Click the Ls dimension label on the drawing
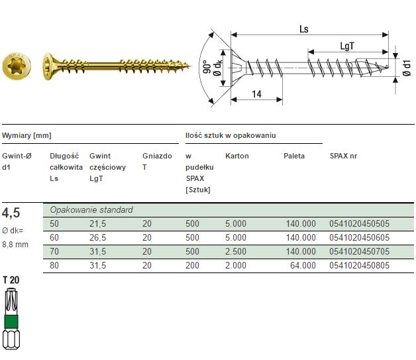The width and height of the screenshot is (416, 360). pyautogui.click(x=304, y=29)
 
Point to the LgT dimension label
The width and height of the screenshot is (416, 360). pyautogui.click(x=347, y=46)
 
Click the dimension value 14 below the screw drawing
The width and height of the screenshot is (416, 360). pyautogui.click(x=257, y=95)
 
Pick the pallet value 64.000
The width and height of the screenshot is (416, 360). pyautogui.click(x=303, y=265)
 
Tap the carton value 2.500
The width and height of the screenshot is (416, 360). pyautogui.click(x=236, y=251)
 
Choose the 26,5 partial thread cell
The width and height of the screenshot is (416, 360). pyautogui.click(x=99, y=237)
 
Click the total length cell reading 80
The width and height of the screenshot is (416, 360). pyautogui.click(x=54, y=265)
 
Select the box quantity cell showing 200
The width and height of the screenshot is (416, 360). pyautogui.click(x=192, y=265)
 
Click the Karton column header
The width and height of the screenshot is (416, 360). pyautogui.click(x=237, y=156)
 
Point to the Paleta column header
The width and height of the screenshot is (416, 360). pyautogui.click(x=294, y=156)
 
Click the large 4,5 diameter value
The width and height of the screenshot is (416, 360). pyautogui.click(x=11, y=213)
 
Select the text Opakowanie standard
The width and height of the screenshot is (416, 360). pyautogui.click(x=91, y=210)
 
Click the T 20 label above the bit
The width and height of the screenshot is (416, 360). pyautogui.click(x=11, y=280)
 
